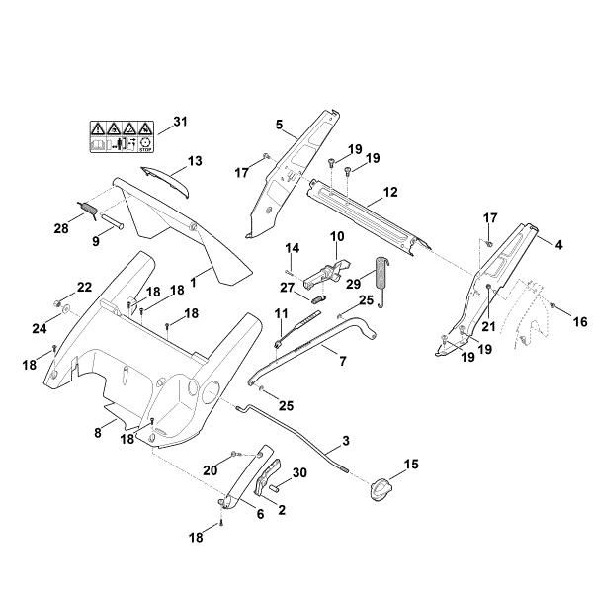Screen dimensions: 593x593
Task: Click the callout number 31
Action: pyautogui.click(x=178, y=122)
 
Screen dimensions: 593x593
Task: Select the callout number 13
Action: pyautogui.click(x=194, y=160)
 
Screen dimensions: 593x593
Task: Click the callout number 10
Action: pyautogui.click(x=336, y=237)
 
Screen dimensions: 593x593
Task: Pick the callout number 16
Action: pyautogui.click(x=580, y=321)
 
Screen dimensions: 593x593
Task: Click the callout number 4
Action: pyautogui.click(x=559, y=242)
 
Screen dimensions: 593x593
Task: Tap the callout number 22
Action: pyautogui.click(x=84, y=287)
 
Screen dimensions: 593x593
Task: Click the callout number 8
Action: pyautogui.click(x=98, y=432)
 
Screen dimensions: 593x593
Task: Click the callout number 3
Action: pyautogui.click(x=346, y=440)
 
